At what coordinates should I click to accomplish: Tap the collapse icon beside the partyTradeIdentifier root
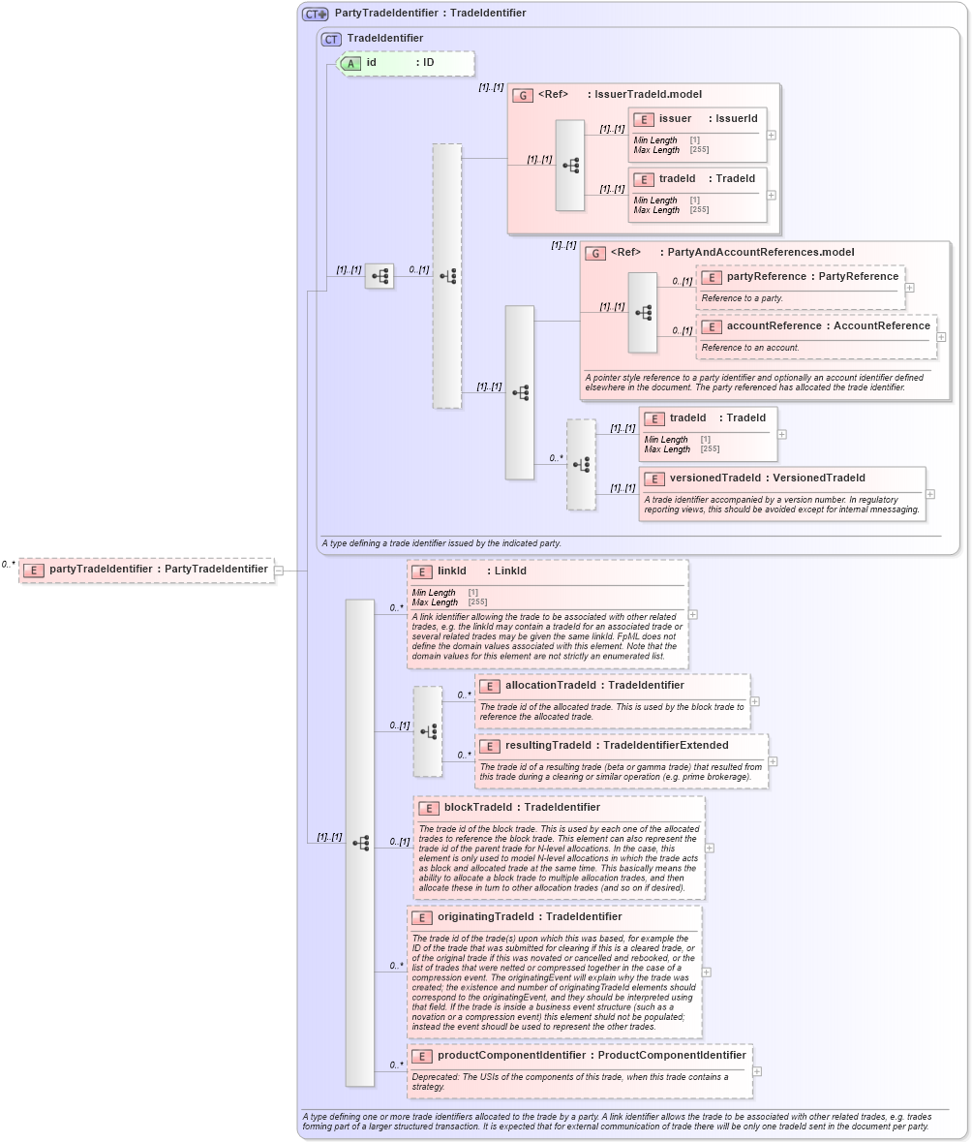[x=279, y=571]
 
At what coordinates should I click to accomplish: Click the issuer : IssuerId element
[x=696, y=119]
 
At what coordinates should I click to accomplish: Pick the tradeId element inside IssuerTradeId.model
[x=696, y=179]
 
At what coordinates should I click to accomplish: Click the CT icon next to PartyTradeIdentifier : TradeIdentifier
[x=315, y=14]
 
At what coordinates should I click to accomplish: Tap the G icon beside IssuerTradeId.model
[x=524, y=95]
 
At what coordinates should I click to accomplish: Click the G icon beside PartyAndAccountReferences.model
[x=596, y=253]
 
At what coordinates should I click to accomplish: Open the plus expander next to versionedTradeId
[x=930, y=494]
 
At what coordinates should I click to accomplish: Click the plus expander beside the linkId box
[x=693, y=614]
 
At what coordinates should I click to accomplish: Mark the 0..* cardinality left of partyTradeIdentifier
[x=8, y=565]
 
